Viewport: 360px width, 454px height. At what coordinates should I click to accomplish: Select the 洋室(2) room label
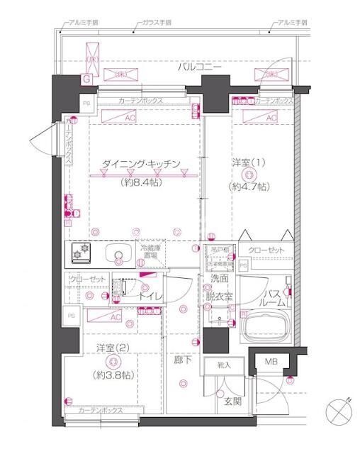111,348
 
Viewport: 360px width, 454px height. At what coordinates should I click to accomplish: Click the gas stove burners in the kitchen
80,252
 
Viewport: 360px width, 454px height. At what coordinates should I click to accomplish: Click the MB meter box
271,362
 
